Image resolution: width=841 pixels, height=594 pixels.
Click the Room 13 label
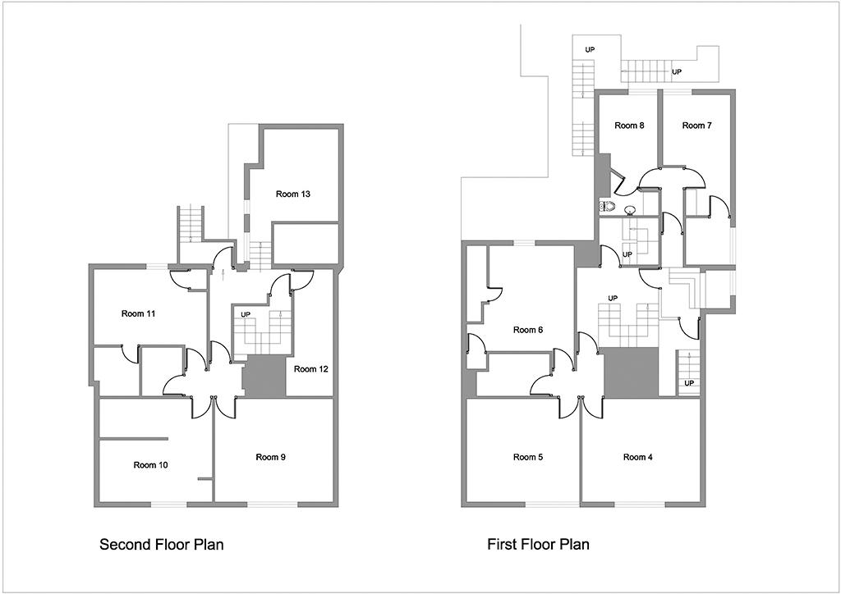pos(293,194)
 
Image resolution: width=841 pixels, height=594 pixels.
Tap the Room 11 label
pos(138,313)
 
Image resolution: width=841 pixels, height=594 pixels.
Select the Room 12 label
pos(311,369)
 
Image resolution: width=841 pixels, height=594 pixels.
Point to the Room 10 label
pos(151,465)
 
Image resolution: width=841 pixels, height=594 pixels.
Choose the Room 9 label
pos(270,457)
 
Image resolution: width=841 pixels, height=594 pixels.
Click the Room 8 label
pos(629,126)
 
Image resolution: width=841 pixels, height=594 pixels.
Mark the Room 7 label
pos(696,126)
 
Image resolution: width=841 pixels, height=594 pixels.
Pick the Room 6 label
pos(528,330)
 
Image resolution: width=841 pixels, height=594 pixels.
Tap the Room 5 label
pos(528,457)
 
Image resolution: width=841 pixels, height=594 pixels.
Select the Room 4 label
pos(637,457)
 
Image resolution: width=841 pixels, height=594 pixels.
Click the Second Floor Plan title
pos(162,545)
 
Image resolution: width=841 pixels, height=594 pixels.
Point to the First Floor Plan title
pos(538,545)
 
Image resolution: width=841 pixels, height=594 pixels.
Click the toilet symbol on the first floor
pos(607,205)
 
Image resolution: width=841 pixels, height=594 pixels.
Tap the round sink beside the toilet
pos(630,209)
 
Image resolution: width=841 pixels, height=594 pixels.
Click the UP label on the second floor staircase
pos(246,314)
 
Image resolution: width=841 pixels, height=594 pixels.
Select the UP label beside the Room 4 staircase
pos(689,383)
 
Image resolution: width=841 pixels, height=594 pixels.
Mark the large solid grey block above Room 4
pos(632,372)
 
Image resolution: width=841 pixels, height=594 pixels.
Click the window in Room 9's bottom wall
pos(273,504)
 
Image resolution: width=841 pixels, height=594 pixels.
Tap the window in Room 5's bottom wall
pos(551,504)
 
